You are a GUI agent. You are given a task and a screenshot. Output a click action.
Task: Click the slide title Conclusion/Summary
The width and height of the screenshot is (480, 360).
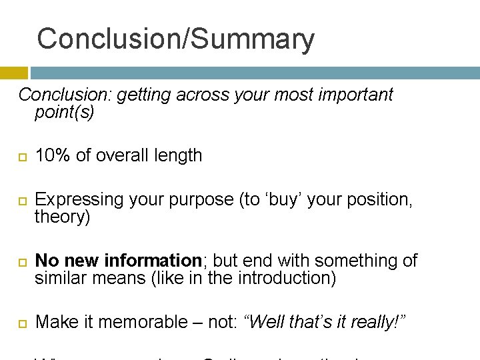(175, 39)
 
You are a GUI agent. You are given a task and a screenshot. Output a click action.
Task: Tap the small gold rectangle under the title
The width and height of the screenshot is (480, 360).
(14, 73)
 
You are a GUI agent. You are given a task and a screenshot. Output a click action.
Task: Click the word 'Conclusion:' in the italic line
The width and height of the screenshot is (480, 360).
(65, 95)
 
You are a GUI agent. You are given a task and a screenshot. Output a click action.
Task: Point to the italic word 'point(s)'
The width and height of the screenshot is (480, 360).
(65, 112)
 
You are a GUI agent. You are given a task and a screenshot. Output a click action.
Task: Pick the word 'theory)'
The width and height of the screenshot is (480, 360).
(62, 217)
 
